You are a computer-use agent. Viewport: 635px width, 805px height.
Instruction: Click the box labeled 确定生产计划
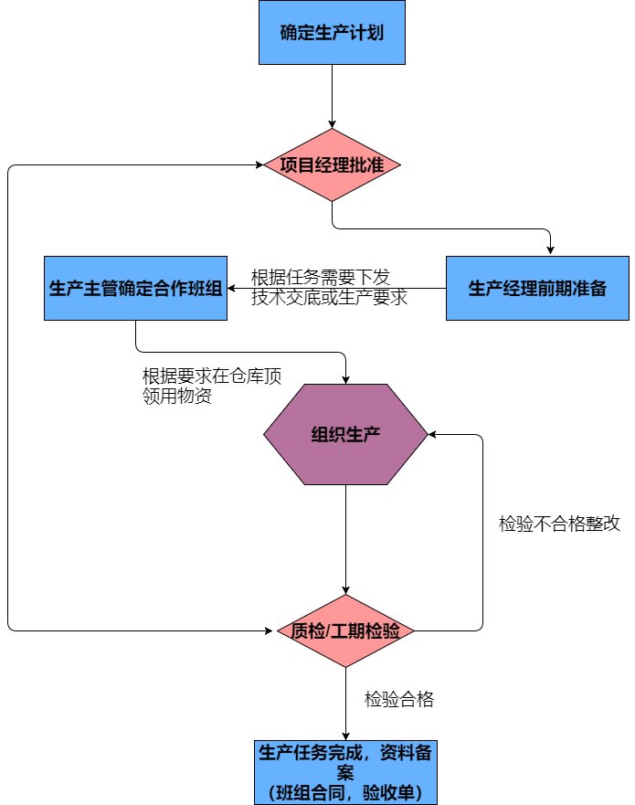pyautogui.click(x=331, y=33)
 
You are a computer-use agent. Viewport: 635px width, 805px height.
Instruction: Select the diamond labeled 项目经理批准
pyautogui.click(x=331, y=165)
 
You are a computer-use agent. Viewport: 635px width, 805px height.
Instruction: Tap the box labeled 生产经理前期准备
pyautogui.click(x=537, y=289)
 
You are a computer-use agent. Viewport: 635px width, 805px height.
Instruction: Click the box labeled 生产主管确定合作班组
pyautogui.click(x=135, y=289)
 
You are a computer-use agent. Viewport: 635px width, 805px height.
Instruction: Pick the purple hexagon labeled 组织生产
pyautogui.click(x=344, y=435)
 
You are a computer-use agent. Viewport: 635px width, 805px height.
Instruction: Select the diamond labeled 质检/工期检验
pyautogui.click(x=345, y=630)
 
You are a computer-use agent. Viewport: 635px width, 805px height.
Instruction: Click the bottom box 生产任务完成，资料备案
pyautogui.click(x=345, y=762)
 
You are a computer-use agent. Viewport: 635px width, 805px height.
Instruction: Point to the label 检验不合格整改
pyautogui.click(x=560, y=524)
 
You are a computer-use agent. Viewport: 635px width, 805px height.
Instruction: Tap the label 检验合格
pyautogui.click(x=398, y=700)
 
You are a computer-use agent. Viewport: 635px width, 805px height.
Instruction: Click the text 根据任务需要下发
pyautogui.click(x=320, y=277)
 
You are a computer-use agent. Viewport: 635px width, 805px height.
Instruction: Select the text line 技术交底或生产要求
pyautogui.click(x=329, y=297)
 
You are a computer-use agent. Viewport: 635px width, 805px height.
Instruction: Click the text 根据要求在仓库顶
pyautogui.click(x=211, y=376)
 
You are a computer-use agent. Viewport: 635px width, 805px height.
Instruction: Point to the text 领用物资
pyautogui.click(x=178, y=396)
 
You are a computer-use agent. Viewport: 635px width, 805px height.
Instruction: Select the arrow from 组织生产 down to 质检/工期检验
pyautogui.click(x=345, y=539)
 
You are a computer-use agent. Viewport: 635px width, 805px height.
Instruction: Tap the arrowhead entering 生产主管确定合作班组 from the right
pyautogui.click(x=233, y=289)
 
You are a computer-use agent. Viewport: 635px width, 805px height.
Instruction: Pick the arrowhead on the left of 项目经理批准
pyautogui.click(x=260, y=165)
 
